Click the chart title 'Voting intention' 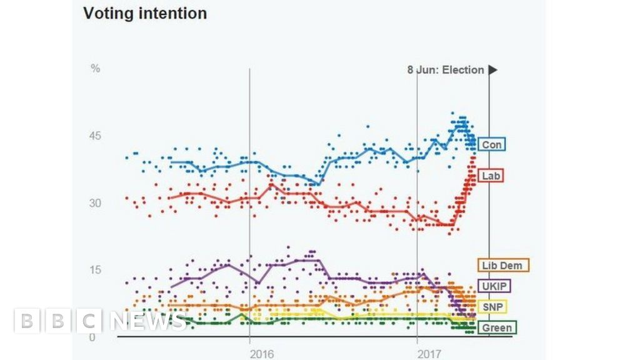pos(145,13)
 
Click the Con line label pos(491,145)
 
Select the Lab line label pos(491,176)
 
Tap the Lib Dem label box pos(503,266)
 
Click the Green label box pos(497,327)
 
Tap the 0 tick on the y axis pos(92,337)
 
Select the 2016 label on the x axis pos(261,354)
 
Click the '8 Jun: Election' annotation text pos(446,70)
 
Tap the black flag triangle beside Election pos(493,70)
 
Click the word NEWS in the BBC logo pos(149,321)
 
